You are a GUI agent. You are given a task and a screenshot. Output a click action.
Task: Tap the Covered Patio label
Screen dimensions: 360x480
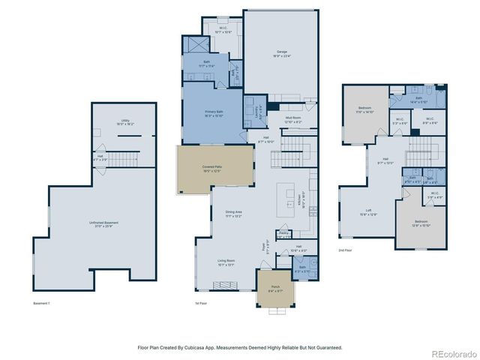click(211, 169)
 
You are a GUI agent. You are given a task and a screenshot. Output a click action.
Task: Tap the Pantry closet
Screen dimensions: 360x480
click(283, 234)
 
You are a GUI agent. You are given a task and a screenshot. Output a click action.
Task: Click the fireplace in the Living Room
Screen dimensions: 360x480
click(224, 285)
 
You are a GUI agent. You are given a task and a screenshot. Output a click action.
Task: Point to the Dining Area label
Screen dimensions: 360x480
click(234, 214)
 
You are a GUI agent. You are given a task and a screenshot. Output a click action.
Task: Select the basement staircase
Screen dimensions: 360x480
click(127, 158)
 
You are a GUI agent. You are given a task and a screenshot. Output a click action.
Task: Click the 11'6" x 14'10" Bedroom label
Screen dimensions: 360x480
click(364, 109)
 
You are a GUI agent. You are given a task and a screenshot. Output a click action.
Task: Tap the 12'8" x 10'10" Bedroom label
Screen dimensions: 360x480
click(421, 223)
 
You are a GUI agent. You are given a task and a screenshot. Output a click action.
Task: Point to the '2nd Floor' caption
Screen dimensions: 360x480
click(346, 250)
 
